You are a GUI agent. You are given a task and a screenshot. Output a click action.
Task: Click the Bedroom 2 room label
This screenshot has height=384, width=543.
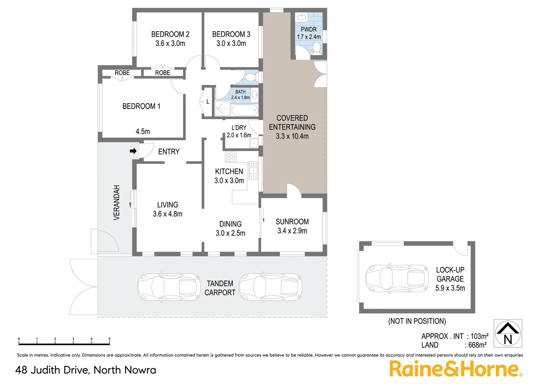(170, 34)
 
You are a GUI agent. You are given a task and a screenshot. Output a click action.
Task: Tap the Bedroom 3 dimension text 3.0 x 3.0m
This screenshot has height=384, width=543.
(231, 43)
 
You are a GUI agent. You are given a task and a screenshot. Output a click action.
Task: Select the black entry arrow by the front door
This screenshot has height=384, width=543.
(133, 151)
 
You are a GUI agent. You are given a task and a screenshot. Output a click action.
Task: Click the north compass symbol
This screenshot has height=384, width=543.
(508, 334)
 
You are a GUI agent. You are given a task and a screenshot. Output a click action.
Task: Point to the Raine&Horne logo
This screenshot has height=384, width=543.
(455, 369)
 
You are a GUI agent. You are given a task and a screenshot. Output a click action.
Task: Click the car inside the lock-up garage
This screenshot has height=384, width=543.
(397, 278)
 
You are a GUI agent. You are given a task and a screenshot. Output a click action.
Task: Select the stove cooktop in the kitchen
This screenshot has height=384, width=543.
(231, 156)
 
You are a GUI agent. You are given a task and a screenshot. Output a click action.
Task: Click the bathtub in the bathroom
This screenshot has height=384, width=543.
(244, 110)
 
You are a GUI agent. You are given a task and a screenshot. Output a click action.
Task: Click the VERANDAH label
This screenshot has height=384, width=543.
(117, 202)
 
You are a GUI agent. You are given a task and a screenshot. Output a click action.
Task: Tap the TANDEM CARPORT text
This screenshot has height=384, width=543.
(220, 288)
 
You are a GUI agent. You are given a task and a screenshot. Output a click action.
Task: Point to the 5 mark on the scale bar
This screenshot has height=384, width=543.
(109, 339)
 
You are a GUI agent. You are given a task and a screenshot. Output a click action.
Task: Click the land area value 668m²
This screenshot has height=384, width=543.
(477, 345)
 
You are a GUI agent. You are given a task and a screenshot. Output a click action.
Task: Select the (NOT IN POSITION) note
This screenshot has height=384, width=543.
(417, 321)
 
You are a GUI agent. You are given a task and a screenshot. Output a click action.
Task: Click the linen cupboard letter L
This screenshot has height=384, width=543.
(208, 102)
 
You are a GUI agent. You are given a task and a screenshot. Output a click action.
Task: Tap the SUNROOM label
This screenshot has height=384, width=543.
(292, 222)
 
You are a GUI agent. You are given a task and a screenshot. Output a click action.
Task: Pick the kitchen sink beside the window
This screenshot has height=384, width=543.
(253, 171)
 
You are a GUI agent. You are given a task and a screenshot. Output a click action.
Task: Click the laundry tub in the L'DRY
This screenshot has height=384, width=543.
(254, 143)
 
